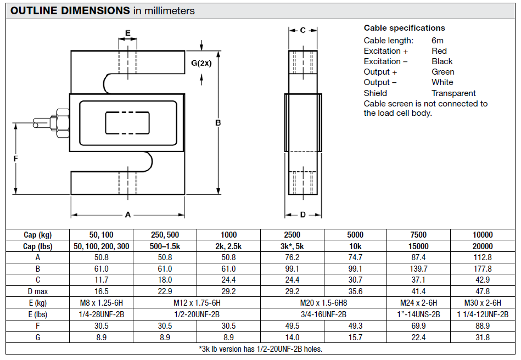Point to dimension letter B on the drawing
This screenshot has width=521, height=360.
218,122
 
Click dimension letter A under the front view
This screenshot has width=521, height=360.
128,215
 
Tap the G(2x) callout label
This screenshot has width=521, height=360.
201,63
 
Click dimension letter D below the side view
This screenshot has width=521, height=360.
302,215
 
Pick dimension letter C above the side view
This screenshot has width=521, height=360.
302,31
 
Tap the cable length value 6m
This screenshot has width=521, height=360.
437,41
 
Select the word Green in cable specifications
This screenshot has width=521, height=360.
442,72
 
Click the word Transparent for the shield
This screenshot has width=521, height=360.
453,93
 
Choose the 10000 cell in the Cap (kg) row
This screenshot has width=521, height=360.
482,235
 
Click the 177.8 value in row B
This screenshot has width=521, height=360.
482,269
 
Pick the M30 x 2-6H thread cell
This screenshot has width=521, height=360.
482,303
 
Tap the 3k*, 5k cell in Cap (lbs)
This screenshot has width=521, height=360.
293,246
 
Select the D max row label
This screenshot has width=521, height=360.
37,291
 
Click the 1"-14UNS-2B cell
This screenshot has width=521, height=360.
418,314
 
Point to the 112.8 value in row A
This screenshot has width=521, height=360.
482,257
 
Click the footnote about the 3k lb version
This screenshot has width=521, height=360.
260,348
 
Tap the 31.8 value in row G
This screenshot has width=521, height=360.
482,337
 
